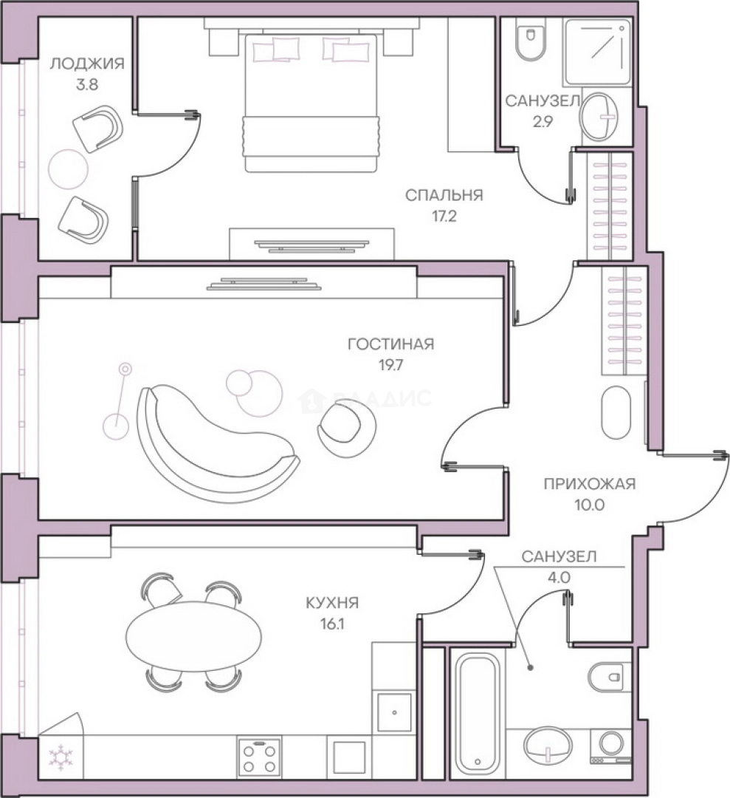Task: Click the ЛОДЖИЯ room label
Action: point(86,64)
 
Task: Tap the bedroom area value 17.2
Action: point(444,216)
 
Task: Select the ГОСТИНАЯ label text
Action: point(391,344)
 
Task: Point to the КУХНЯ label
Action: point(332,603)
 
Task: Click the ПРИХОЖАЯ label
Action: point(590,483)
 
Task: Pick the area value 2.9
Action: point(543,122)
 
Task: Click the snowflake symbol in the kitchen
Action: point(61,757)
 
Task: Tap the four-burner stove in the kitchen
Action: point(259,757)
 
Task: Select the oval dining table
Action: point(193,637)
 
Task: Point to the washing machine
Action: point(610,746)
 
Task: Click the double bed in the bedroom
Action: point(311,102)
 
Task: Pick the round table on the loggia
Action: point(68,168)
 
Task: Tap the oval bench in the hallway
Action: point(616,412)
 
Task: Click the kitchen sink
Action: point(394,712)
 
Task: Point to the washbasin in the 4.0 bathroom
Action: point(548,747)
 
